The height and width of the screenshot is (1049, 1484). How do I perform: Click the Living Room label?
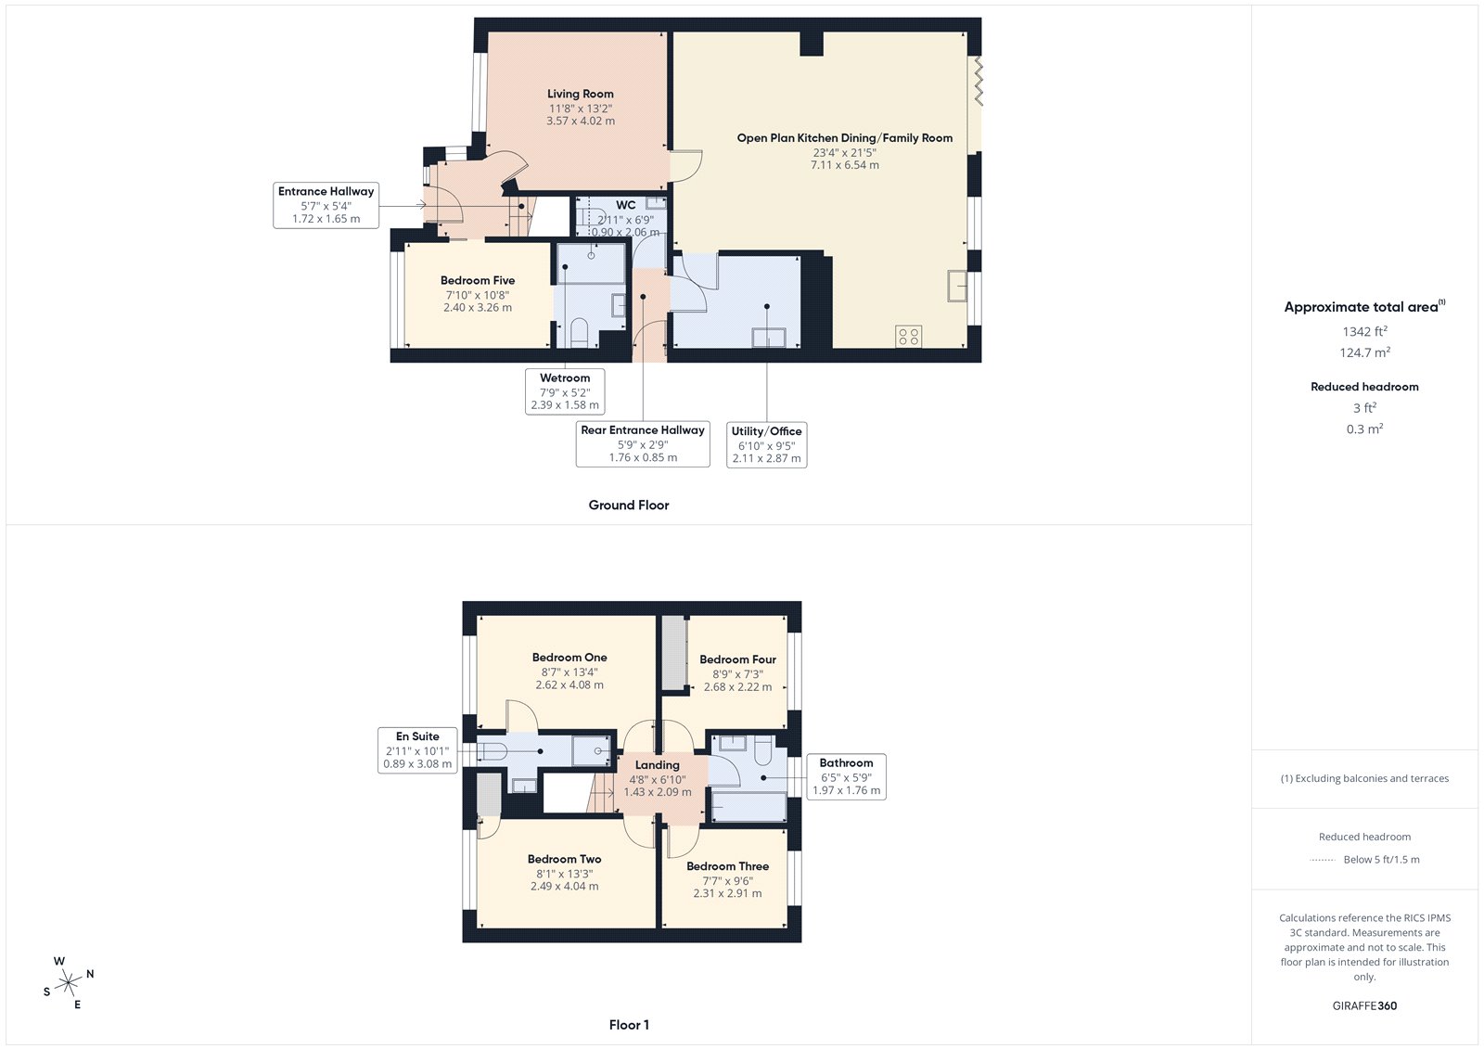(580, 94)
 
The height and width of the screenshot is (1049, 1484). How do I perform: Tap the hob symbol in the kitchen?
(909, 337)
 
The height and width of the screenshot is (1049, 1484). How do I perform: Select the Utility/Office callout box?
(766, 444)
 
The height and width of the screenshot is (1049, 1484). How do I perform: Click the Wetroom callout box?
(565, 391)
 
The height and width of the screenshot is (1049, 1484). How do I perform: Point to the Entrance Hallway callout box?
(326, 205)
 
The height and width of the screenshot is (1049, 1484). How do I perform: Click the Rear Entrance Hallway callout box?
(643, 443)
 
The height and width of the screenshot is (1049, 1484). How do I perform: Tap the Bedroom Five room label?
(478, 280)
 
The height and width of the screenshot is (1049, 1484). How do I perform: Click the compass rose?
(68, 982)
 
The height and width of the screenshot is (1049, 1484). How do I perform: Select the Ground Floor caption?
(628, 505)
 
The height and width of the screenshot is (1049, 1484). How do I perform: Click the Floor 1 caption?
(629, 1025)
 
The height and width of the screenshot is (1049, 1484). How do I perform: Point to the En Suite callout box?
(417, 750)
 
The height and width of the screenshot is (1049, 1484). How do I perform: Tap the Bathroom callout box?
(846, 776)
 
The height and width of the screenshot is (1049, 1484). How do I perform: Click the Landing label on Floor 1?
(657, 765)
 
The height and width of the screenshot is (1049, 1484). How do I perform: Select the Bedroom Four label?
(737, 659)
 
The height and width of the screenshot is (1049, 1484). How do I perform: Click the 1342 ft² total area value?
(1364, 331)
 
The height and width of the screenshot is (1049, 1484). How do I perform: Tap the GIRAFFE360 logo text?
(1364, 1005)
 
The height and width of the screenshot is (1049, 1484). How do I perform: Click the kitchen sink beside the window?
(956, 286)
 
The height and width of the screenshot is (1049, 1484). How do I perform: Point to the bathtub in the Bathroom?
(748, 807)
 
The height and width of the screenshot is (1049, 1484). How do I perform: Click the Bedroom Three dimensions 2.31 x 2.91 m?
(727, 893)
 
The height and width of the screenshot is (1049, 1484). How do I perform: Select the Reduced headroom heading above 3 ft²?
(1364, 387)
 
